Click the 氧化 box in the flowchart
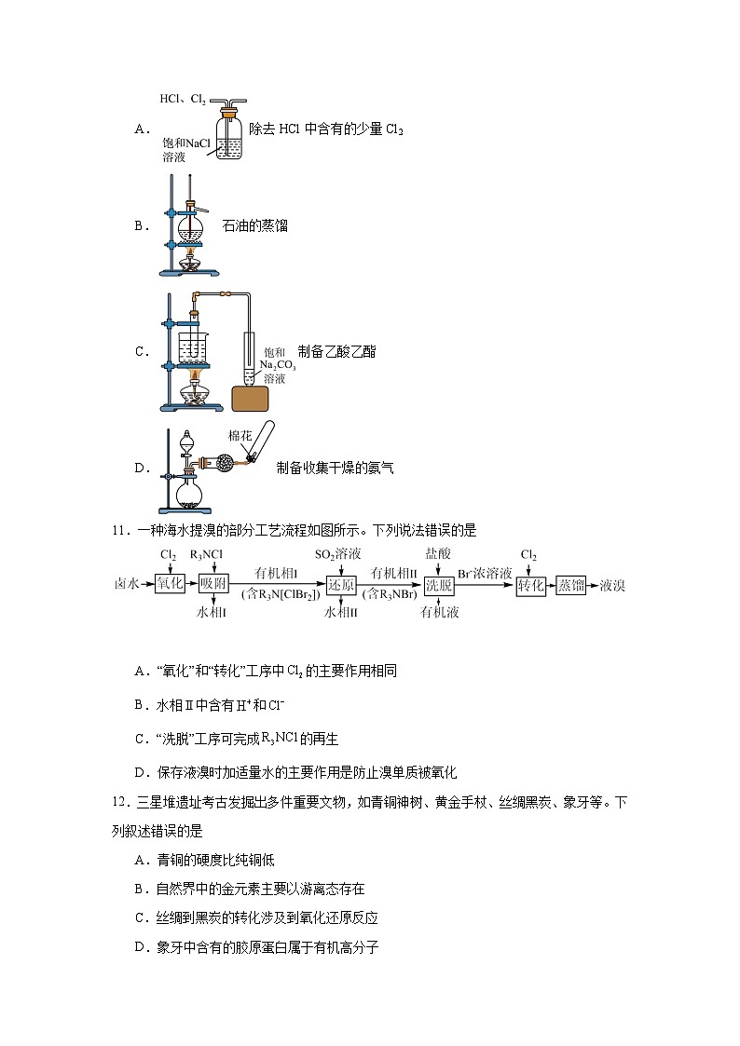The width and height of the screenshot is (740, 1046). point(170,584)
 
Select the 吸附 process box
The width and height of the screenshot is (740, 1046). point(213,584)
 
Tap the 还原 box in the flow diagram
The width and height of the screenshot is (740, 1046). point(342,584)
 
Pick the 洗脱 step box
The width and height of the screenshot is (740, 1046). point(438,584)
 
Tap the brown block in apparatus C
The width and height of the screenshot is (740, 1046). point(250,397)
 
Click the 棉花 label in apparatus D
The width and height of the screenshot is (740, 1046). point(241,435)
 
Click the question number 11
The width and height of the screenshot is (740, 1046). point(118,531)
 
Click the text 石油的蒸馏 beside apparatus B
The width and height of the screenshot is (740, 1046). point(255,225)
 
